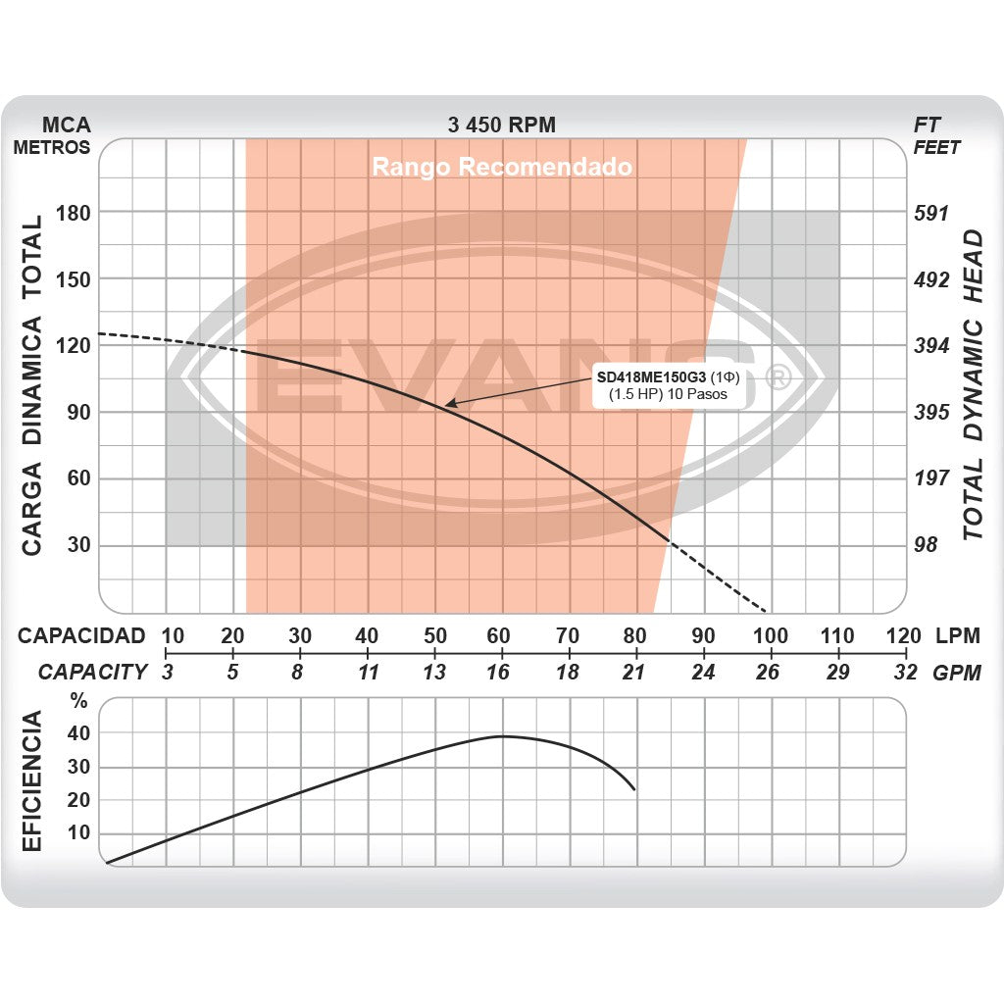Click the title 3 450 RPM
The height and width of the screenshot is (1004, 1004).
coord(501,125)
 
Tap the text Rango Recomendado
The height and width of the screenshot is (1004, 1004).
coord(501,167)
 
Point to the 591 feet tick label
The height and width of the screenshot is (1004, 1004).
coord(931,213)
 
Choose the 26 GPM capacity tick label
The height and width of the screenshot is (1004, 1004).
coord(769,672)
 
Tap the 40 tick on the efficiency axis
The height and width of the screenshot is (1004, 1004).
coord(78,732)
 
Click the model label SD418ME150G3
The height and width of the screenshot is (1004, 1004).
coord(651,376)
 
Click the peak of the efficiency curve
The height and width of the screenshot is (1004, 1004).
coord(502,735)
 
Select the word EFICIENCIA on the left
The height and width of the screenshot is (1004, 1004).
coord(31,781)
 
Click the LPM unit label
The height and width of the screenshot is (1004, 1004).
coord(957,635)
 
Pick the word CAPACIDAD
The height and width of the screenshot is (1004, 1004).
coord(81,635)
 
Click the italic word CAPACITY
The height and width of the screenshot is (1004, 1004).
coord(93,672)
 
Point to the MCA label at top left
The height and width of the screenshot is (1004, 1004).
coord(67,125)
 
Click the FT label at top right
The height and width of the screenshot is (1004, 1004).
coord(928,125)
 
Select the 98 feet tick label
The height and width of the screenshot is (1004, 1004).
coord(926,545)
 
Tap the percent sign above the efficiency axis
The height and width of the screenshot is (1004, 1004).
coord(79,702)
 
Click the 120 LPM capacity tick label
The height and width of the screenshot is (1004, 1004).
coord(903,635)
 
